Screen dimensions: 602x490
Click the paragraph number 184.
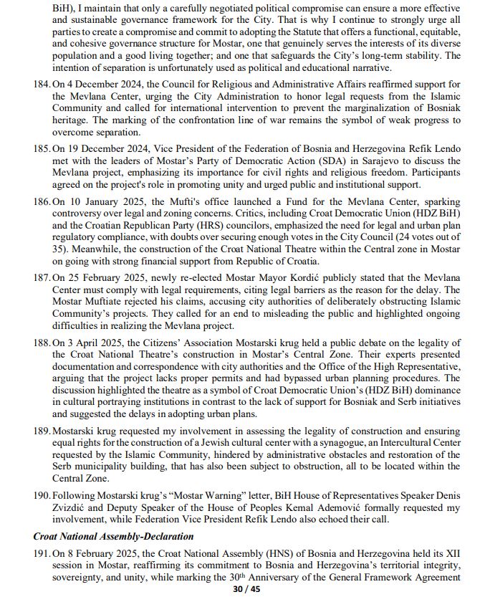point(42,85)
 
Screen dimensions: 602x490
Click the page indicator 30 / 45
point(244,589)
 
